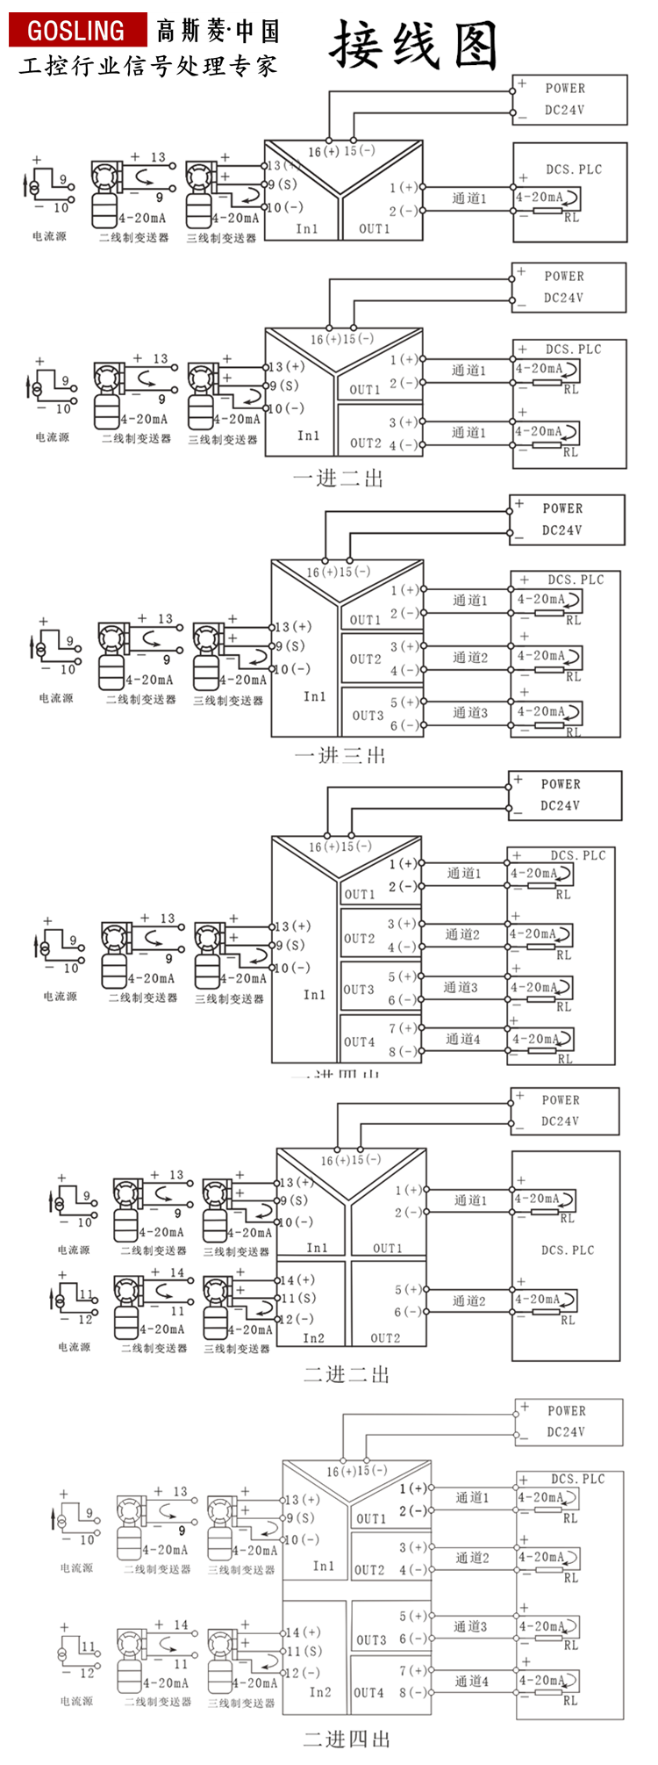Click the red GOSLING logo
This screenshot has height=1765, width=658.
coord(76,31)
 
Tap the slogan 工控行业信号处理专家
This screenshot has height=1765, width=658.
coord(148,67)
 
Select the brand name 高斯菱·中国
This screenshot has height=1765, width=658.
coord(218,32)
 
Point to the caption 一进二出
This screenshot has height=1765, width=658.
coord(339,479)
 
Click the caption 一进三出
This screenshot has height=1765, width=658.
coord(340,755)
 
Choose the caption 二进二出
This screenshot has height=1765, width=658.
coord(347,1374)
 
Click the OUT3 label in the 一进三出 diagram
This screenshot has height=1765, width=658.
coord(368,716)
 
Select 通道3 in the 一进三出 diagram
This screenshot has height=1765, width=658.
coord(470,712)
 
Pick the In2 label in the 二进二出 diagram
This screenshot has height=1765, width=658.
coord(313,1338)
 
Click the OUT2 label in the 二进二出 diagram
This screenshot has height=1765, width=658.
coord(385,1338)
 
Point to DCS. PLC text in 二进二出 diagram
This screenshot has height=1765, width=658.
coord(568,1250)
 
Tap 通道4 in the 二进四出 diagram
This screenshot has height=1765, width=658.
coord(472,1682)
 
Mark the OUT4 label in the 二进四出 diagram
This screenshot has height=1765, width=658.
coord(368,1692)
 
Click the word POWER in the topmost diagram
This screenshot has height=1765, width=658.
coord(565,88)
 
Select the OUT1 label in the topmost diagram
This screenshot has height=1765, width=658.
coord(375,228)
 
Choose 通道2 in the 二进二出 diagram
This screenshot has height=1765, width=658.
coord(469,1300)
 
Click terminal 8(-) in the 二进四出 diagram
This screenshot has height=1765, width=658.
coord(413,1692)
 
